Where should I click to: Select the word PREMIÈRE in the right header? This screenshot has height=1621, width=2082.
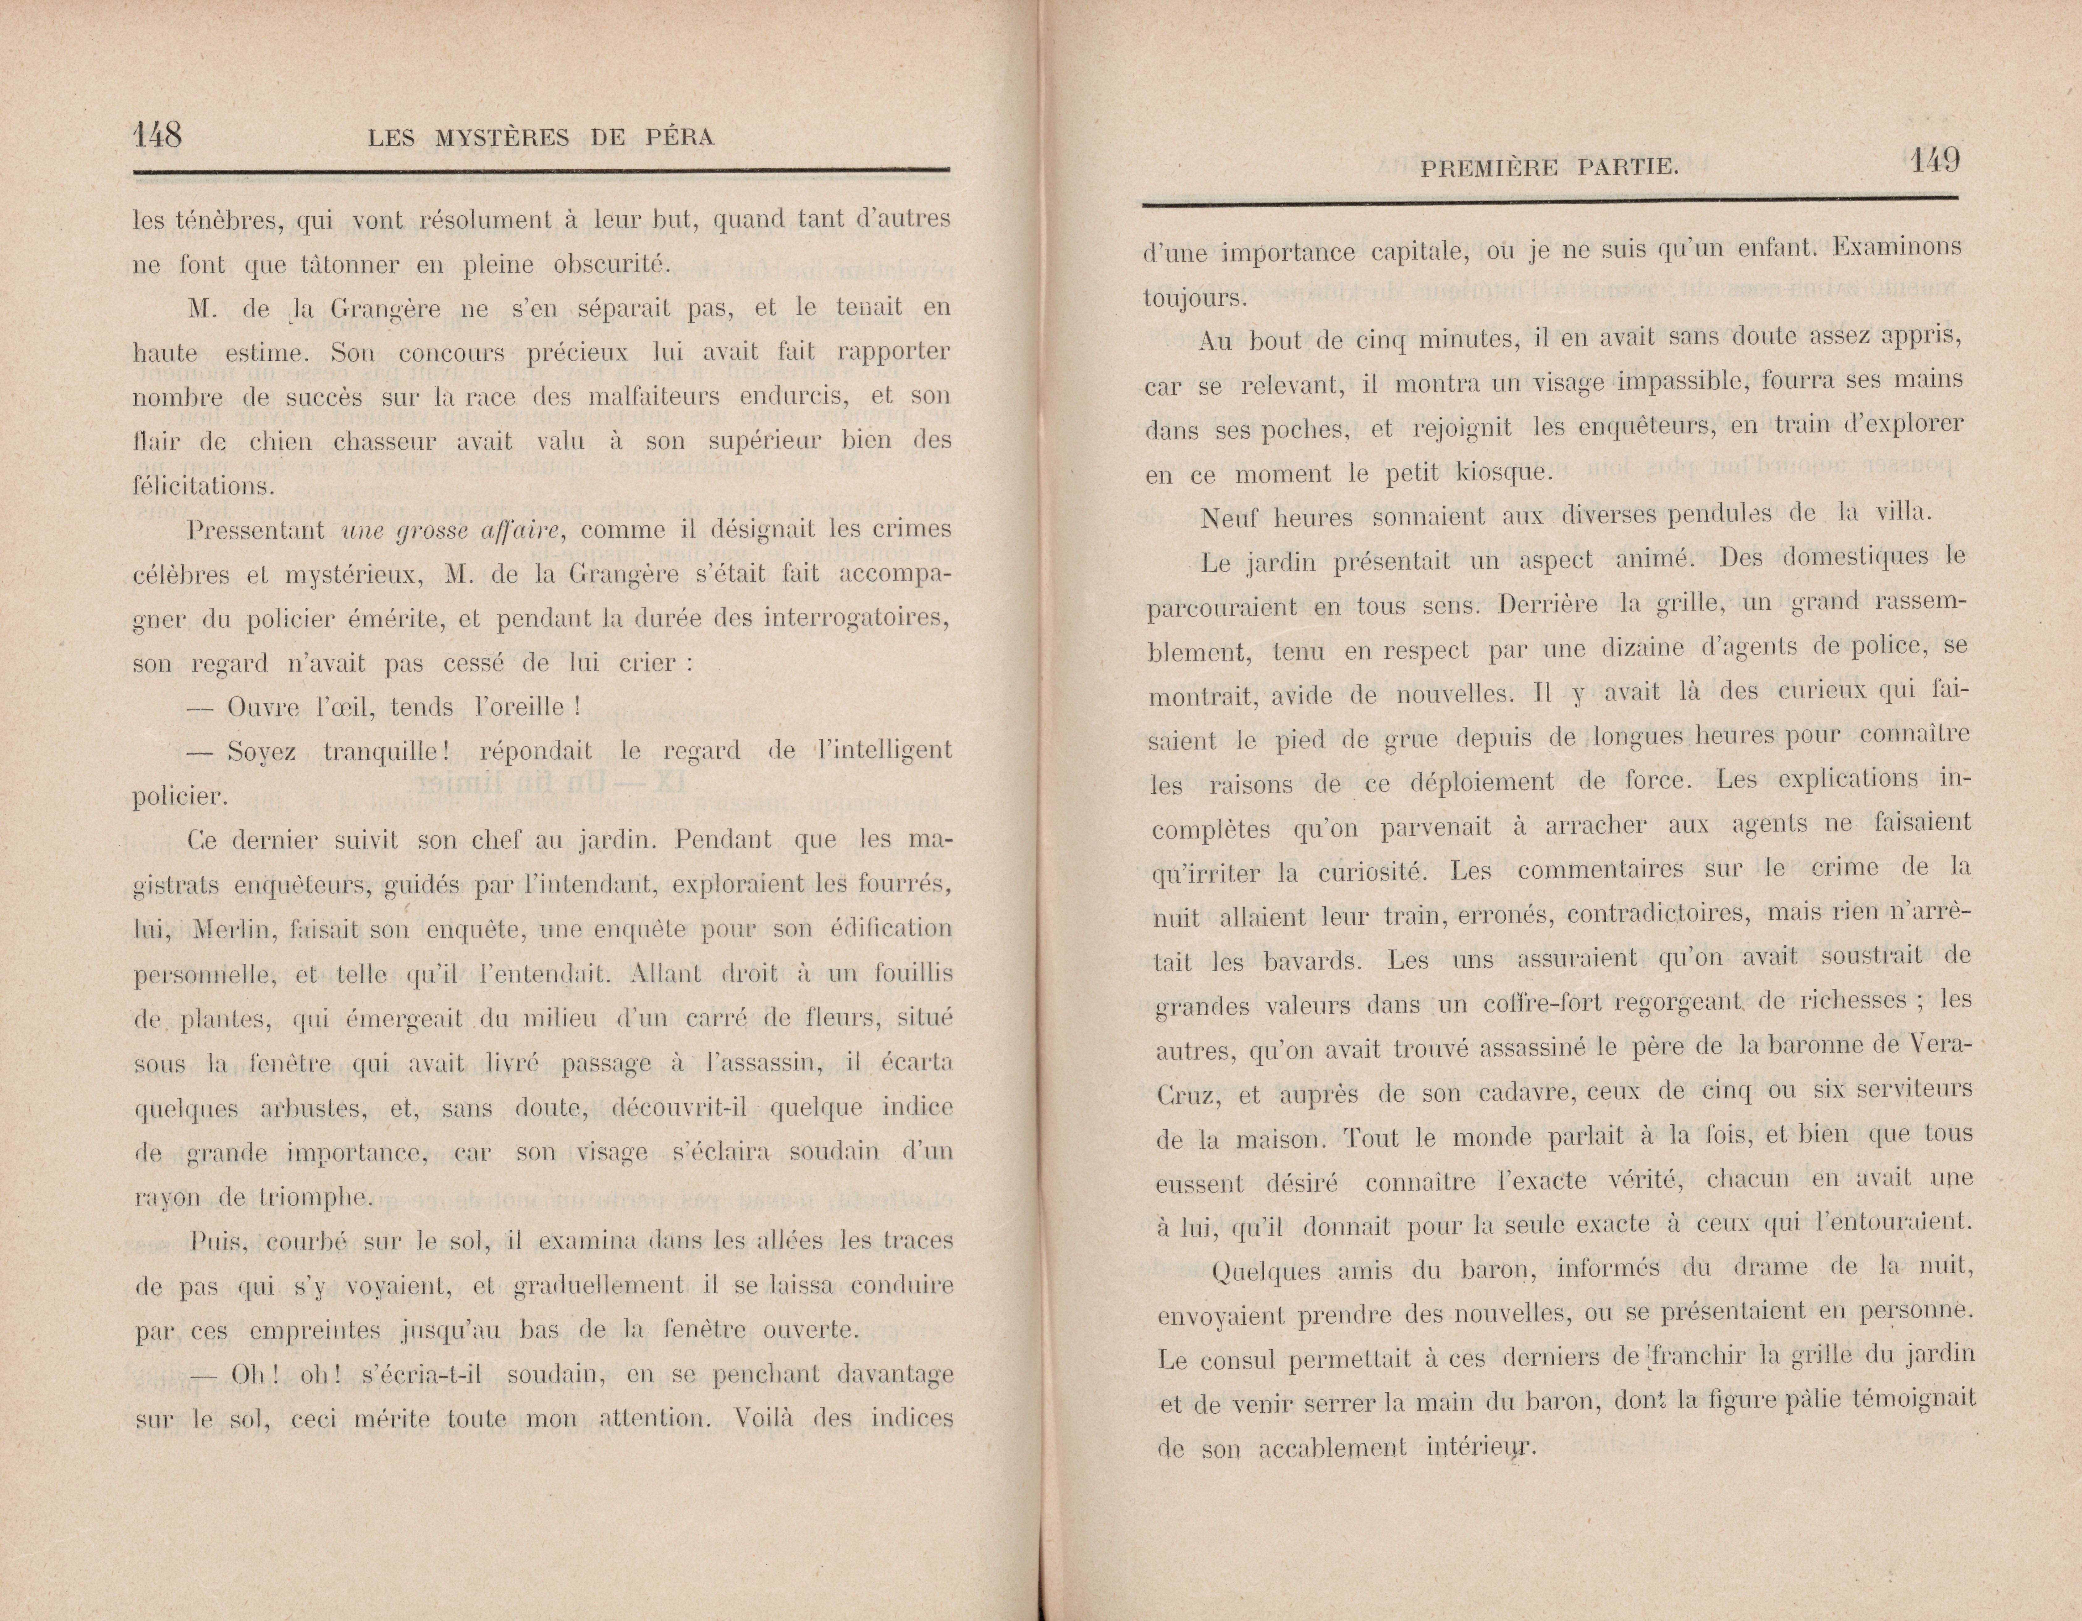coord(1488,169)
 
